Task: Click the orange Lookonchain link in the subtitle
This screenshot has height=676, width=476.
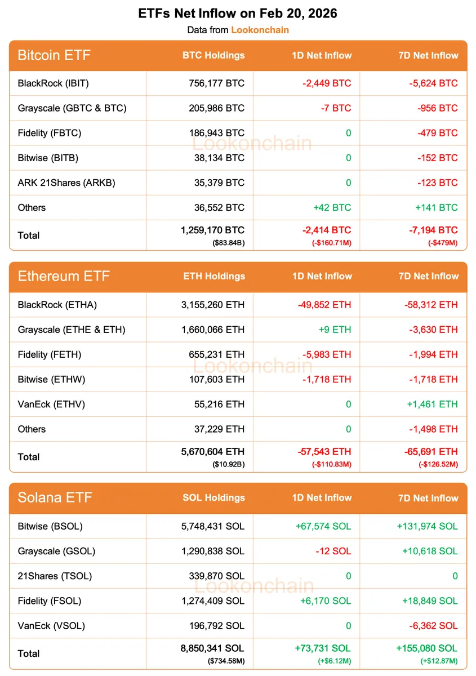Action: pos(260,30)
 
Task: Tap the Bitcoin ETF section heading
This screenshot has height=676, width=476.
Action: pos(54,55)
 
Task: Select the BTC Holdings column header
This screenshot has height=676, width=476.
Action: pos(213,55)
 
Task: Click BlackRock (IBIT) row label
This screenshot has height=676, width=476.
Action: pos(54,83)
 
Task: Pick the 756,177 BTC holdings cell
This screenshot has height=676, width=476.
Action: pos(217,83)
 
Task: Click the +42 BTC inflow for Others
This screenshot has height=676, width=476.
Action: pos(332,207)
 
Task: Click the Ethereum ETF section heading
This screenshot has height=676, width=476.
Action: pos(64,276)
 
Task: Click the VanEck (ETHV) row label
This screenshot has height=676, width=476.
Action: pos(51,404)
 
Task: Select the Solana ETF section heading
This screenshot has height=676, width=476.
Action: pos(55,497)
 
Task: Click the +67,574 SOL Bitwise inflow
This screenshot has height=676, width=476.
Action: pos(323,526)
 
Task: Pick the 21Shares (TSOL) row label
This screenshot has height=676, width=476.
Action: pos(55,576)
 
